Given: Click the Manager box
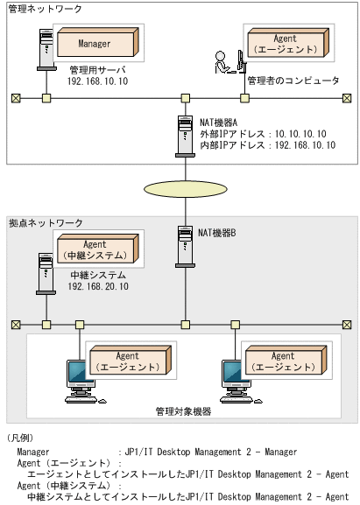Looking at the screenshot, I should click(95, 44).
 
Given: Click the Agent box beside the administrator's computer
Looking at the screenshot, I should click(283, 44).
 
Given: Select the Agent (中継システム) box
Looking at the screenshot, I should click(95, 249).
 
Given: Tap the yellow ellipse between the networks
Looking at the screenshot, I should click(185, 191).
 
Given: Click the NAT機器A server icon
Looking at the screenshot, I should click(185, 134).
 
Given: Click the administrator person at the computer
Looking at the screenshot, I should click(224, 63).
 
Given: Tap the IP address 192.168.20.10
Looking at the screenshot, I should click(98, 286).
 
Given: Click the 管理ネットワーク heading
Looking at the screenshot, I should click(45, 8).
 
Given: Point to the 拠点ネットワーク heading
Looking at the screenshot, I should click(45, 224).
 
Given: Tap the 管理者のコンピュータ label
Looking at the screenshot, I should click(293, 81).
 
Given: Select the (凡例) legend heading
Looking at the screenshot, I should click(21, 437).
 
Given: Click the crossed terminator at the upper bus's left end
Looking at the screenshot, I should click(15, 98).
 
